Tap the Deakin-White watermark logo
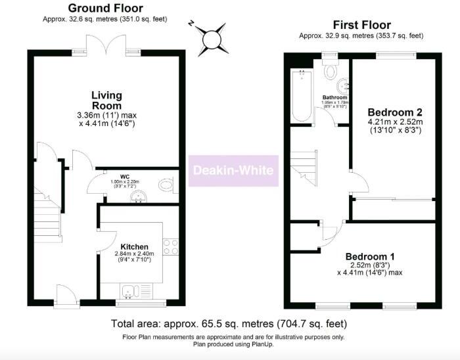point(234,171)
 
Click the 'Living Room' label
point(106,100)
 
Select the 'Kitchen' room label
point(133,246)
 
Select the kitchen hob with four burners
point(170,246)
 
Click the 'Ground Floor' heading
point(105,9)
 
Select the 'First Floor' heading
point(361,26)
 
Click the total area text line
point(229,324)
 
